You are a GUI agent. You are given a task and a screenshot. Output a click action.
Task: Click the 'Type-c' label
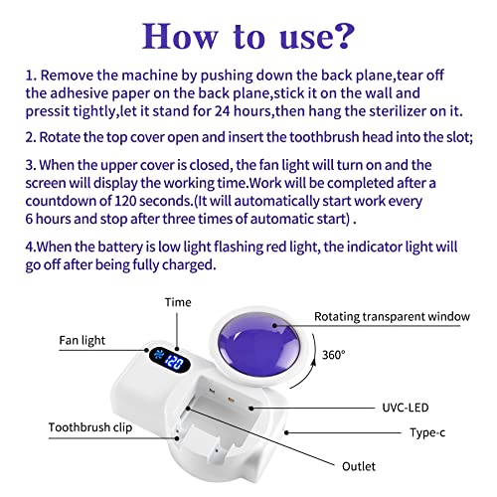[431, 432]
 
